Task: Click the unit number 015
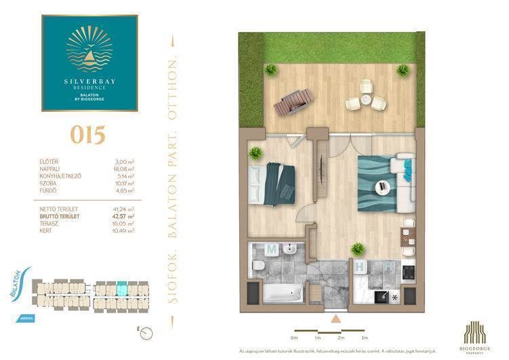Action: [x=88, y=134]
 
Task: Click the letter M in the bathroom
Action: [x=271, y=249]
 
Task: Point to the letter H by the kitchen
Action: [x=362, y=267]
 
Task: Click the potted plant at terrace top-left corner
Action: [x=270, y=70]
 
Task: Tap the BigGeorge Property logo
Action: [x=478, y=334]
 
